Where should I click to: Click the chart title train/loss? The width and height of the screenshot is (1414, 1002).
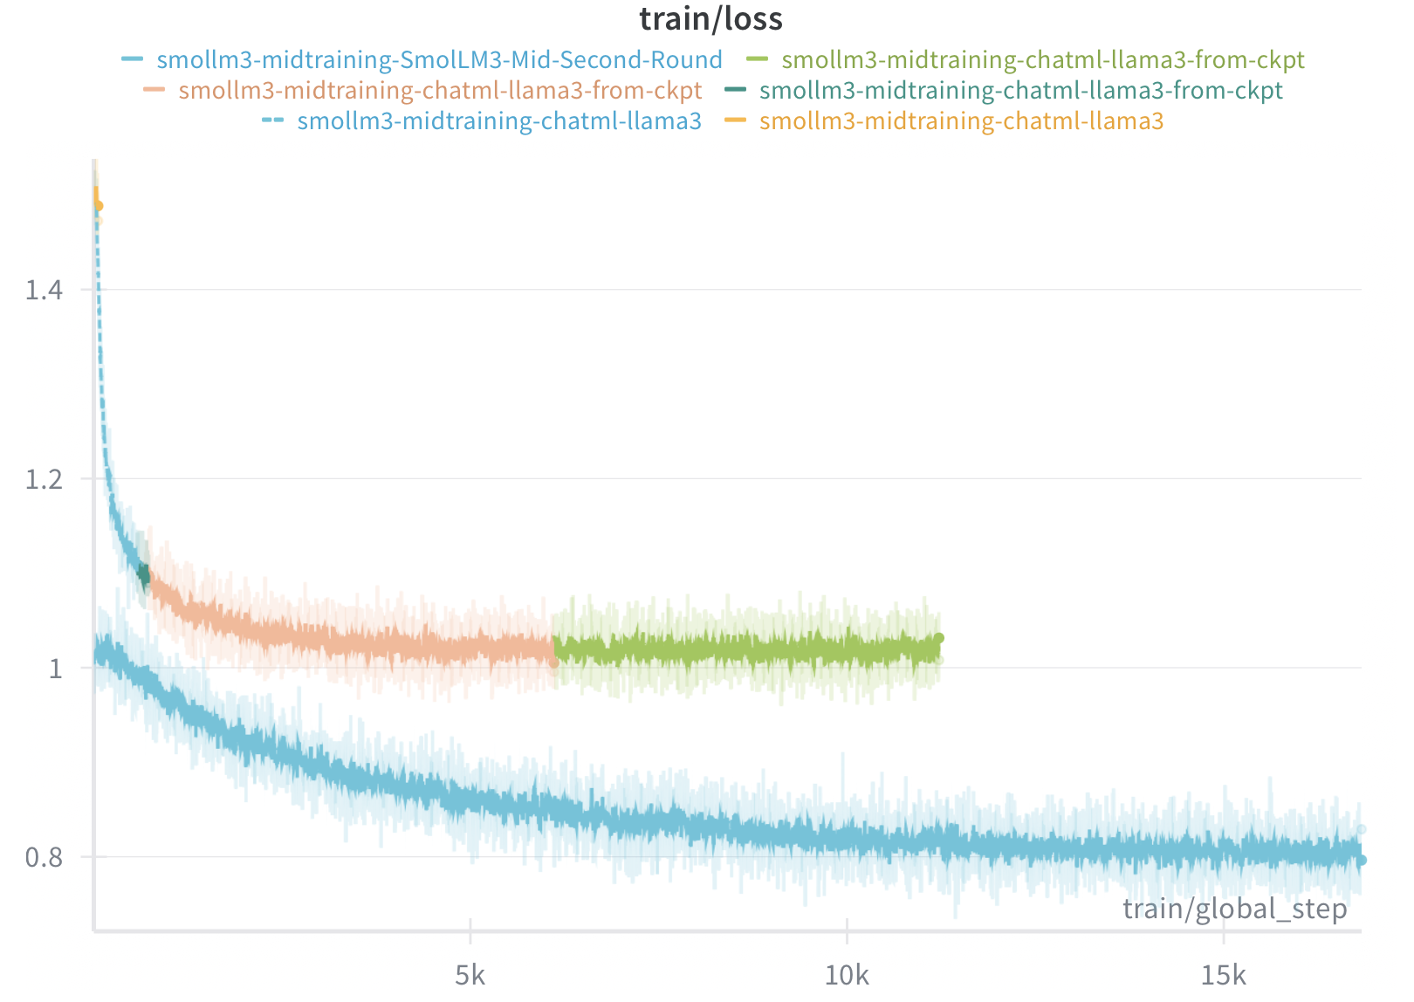[x=710, y=18]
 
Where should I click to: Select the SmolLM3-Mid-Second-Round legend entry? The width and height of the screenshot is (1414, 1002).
[x=439, y=59]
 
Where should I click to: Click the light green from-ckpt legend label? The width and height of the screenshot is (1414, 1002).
[x=1042, y=59]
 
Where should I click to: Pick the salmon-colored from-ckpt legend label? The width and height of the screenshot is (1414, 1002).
[x=440, y=90]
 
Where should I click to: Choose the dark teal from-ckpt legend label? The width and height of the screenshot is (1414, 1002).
[x=1020, y=90]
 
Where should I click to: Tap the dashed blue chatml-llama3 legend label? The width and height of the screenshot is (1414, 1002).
[x=498, y=120]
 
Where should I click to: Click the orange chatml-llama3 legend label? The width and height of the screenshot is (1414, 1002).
[x=961, y=120]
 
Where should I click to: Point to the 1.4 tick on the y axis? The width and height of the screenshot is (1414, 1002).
[x=44, y=290]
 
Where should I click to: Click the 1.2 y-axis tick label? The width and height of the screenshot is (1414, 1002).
[x=44, y=479]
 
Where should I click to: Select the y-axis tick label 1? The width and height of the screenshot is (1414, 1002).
[x=56, y=669]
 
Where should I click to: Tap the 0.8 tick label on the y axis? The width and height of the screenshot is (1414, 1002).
[x=44, y=858]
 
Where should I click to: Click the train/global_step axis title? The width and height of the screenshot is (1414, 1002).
[x=1234, y=909]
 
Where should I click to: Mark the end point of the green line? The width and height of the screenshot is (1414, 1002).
[x=939, y=638]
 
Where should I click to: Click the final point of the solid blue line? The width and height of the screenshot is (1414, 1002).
[x=1362, y=861]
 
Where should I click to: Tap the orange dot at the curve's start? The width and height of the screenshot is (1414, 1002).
[x=99, y=206]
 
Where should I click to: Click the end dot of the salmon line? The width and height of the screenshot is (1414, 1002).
[x=553, y=663]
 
